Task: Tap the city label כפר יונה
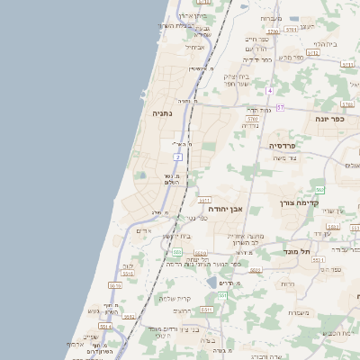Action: click(331, 119)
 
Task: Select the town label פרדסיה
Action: click(288, 144)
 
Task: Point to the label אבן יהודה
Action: click(226, 208)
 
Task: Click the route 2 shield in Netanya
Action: click(178, 157)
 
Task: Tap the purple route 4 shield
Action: click(269, 91)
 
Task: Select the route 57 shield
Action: click(280, 108)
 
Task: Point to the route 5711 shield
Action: click(203, 200)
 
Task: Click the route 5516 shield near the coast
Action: click(114, 284)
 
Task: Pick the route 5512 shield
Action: click(130, 318)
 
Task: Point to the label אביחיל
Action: click(195, 47)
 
